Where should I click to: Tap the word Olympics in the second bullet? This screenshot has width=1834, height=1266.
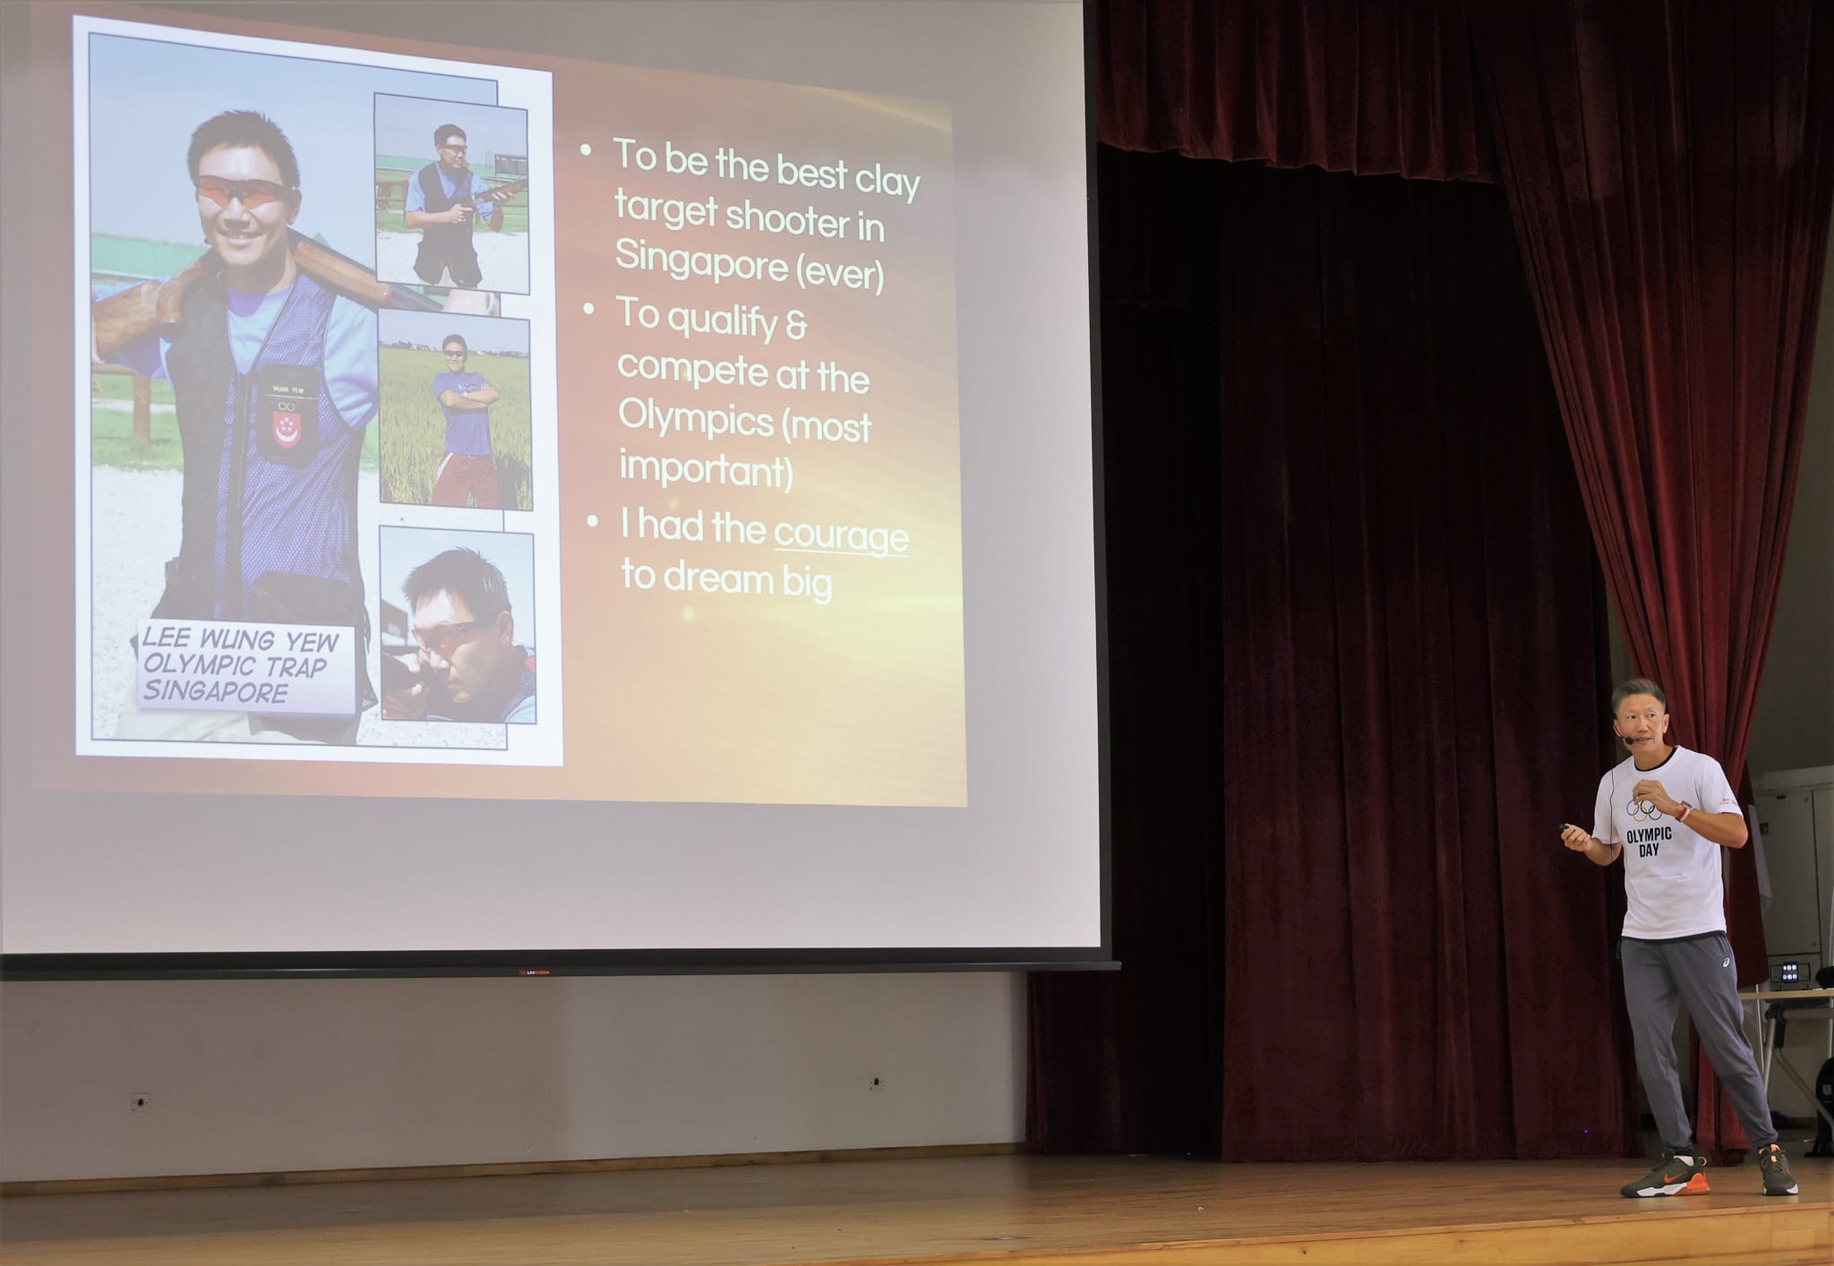[696, 418]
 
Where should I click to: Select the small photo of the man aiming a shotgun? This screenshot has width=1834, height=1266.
[458, 624]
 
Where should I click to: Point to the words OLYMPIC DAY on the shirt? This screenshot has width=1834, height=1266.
[1649, 842]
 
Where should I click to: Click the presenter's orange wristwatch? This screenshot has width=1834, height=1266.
[1684, 813]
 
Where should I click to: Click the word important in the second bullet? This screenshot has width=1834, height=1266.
[706, 468]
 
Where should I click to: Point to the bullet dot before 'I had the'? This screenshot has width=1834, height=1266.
[592, 521]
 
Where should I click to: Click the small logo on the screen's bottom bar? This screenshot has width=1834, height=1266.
[534, 971]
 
